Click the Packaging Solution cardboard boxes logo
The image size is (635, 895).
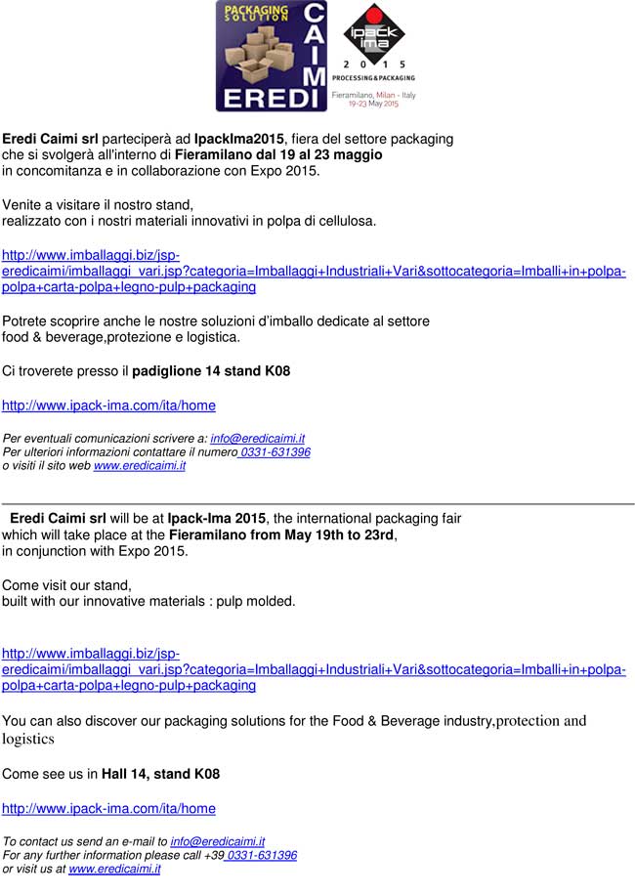point(258,49)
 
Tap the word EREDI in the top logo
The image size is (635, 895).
point(270,99)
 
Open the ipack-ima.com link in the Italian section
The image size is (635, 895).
point(108,405)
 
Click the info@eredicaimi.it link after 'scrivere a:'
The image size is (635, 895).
point(258,439)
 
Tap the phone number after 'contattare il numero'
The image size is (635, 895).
point(275,452)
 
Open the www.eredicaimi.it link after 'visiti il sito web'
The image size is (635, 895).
point(140,466)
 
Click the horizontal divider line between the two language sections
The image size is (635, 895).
point(317,503)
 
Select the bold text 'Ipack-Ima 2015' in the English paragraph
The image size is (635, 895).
point(217,518)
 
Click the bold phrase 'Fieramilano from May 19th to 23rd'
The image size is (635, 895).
point(282,534)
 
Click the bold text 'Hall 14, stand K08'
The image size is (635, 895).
point(161,774)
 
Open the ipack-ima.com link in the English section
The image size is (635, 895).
point(108,808)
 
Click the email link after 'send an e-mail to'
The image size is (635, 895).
point(218,841)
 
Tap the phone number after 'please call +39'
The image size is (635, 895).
point(261,855)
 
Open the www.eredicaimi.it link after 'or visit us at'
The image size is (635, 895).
point(114,869)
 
